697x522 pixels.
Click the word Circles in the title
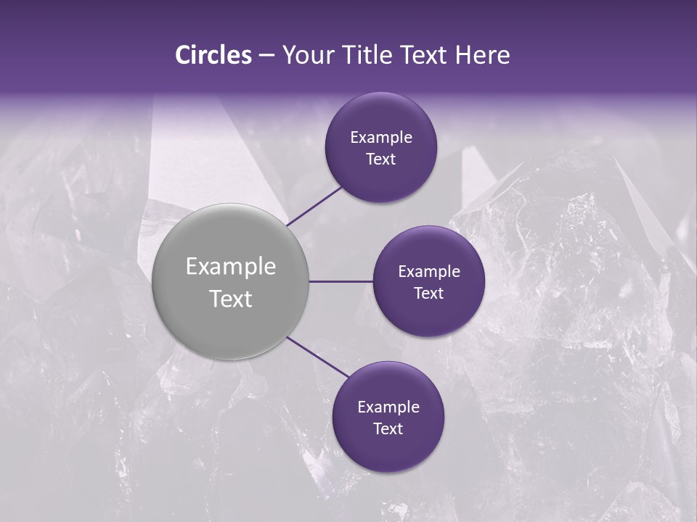tap(213, 55)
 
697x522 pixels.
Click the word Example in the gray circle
tap(231, 267)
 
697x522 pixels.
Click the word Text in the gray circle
tap(231, 299)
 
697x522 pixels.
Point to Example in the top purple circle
tap(380, 138)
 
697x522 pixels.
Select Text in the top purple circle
tap(380, 159)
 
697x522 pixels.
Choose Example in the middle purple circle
tap(428, 272)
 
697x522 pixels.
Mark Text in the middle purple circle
tap(428, 294)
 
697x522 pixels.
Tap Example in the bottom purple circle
tap(388, 407)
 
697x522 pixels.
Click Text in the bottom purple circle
tap(388, 429)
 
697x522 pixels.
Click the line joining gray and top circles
tap(315, 205)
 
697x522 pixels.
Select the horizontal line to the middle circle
tap(341, 281)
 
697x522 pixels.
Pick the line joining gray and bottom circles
tap(317, 357)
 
